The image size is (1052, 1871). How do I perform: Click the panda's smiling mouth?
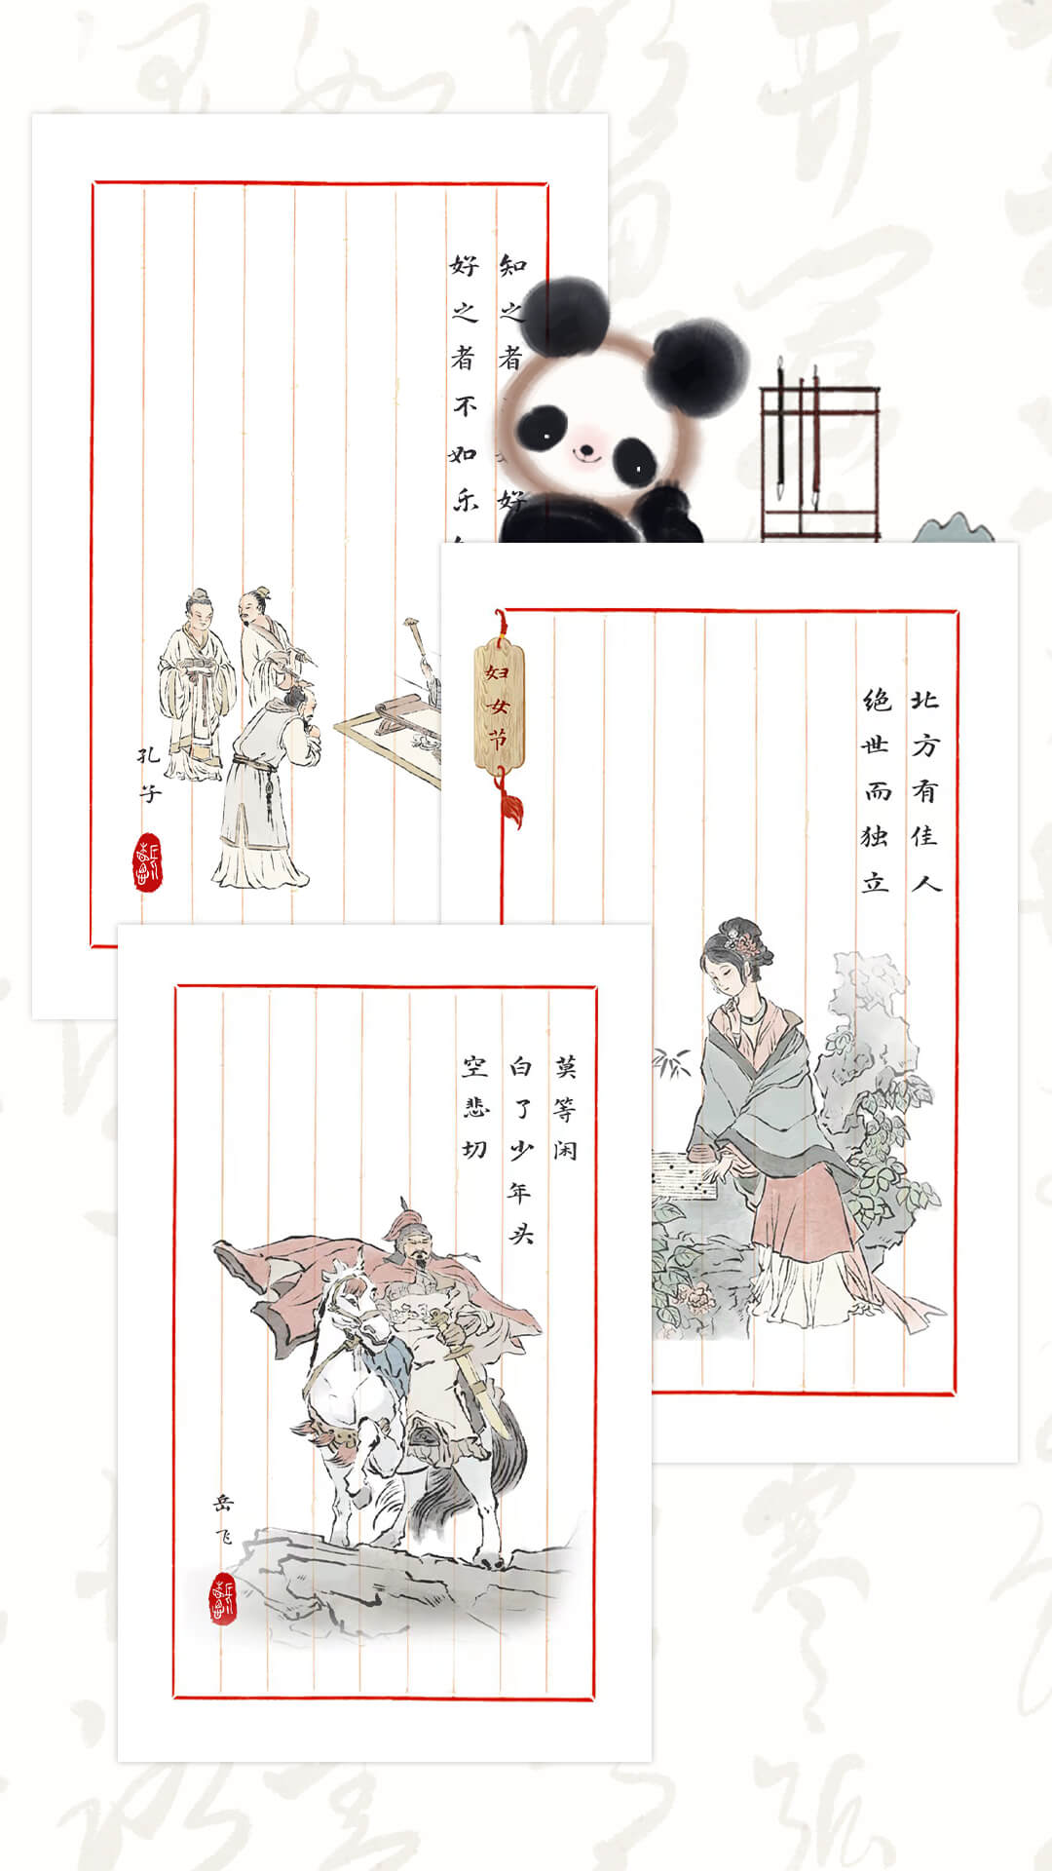pos(584,451)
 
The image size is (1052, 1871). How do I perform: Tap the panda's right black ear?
pos(698,368)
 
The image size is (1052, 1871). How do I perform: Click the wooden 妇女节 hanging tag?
pos(499,704)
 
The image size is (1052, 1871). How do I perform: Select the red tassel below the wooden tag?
pos(510,807)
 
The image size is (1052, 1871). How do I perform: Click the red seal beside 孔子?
pos(147,862)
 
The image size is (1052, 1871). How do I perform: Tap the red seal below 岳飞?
pos(223,1599)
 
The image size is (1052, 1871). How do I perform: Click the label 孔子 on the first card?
pos(148,774)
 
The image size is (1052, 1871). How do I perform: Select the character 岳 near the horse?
pos(223,1503)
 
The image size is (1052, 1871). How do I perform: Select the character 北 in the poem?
pos(924,700)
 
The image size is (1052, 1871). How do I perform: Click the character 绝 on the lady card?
pos(876,700)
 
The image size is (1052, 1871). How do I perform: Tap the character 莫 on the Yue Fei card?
pos(566,1066)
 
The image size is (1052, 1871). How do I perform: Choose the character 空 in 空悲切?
pos(474,1066)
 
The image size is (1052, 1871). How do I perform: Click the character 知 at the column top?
pos(512,265)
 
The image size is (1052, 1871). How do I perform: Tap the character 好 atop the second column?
pos(465,265)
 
